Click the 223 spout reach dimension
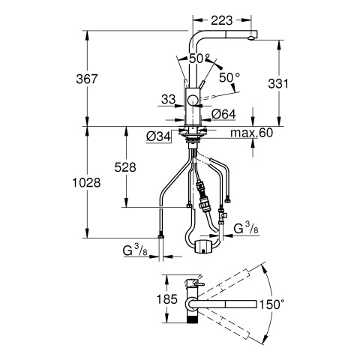pyautogui.click(x=221, y=20)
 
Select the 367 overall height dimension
pyautogui.click(x=87, y=79)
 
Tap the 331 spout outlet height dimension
pyautogui.click(x=278, y=84)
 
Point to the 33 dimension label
pyautogui.click(x=169, y=100)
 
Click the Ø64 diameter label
pyautogui.click(x=223, y=115)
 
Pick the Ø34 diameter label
pyautogui.click(x=158, y=136)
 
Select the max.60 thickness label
pyautogui.click(x=251, y=133)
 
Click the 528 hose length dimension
pyautogui.click(x=125, y=167)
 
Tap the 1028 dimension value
pyautogui.click(x=86, y=183)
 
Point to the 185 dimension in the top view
pyautogui.click(x=166, y=299)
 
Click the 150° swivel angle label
pyautogui.click(x=271, y=304)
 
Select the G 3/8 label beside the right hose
pyautogui.click(x=246, y=228)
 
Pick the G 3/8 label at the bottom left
pyautogui.click(x=135, y=250)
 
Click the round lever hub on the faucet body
pyautogui.click(x=193, y=100)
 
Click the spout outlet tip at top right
pyautogui.click(x=251, y=38)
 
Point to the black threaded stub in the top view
pyautogui.click(x=192, y=318)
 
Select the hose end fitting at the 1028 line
pyautogui.click(x=161, y=235)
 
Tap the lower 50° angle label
pyautogui.click(x=229, y=78)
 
